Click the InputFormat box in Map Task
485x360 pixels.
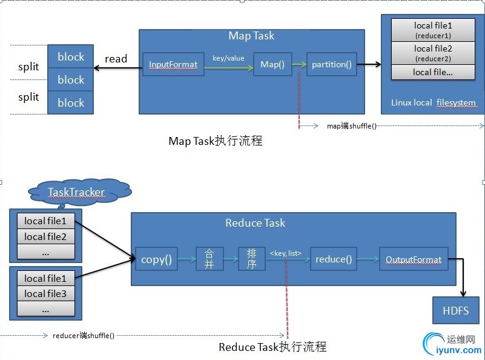[173, 64]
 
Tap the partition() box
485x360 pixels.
[331, 64]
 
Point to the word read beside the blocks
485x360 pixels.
[116, 59]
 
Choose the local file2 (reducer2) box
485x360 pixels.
[433, 53]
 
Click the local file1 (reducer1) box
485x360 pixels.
[433, 30]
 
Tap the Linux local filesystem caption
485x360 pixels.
[433, 102]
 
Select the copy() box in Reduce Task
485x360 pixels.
[156, 259]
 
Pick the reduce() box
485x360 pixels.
[333, 259]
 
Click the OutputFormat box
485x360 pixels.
[414, 259]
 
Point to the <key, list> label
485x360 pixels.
[286, 253]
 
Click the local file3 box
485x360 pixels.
[45, 294]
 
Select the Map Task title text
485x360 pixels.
[251, 36]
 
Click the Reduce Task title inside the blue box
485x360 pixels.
[255, 223]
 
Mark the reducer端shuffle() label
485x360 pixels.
[84, 335]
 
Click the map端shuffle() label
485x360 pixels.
[352, 126]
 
